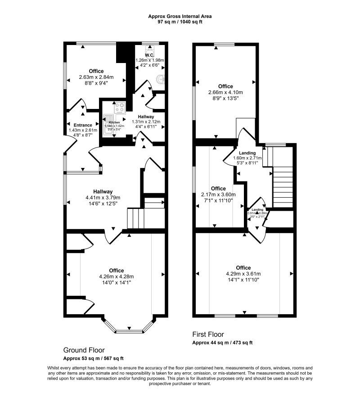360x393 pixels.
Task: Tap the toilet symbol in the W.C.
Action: click(150, 48)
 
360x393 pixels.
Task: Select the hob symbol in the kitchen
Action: click(120, 108)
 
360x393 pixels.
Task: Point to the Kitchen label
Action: click(114, 122)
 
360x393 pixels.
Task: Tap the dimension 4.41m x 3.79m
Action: click(103, 197)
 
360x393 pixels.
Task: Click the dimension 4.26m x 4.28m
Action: click(117, 277)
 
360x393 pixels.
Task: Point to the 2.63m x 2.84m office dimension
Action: click(96, 77)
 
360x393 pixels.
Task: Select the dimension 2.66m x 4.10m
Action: click(225, 92)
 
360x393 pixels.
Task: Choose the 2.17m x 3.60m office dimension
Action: click(218, 194)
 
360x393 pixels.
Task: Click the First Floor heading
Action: click(207, 334)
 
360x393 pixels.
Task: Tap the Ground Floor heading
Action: click(84, 350)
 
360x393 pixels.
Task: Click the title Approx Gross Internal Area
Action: click(180, 16)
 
